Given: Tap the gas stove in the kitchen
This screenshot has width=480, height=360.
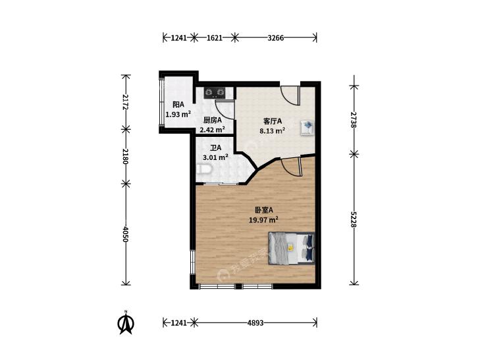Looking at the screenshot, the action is click(214, 92).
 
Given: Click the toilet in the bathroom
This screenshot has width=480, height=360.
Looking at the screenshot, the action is click(203, 169).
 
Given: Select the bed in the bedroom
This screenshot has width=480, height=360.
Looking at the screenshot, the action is click(292, 248).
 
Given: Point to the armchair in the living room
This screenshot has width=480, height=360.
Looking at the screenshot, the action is click(307, 127).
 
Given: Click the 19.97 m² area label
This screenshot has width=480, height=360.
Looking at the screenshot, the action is click(263, 220).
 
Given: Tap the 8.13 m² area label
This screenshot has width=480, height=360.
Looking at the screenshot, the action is click(273, 131).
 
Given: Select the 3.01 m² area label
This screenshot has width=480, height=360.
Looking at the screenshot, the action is click(215, 157).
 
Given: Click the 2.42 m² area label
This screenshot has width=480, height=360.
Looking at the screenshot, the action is click(213, 130).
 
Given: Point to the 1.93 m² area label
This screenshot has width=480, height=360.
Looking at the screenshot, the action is click(178, 115).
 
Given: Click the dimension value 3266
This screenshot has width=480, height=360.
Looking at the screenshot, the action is click(276, 38).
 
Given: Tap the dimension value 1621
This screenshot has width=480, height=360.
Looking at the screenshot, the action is click(214, 38).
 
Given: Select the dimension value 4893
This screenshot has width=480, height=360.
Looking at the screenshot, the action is click(255, 322).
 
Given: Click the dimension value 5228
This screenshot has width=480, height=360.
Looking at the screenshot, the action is click(354, 219).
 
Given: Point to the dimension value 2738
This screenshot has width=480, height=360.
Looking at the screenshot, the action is click(354, 120).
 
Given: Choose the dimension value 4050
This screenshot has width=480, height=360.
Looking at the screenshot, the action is click(126, 234).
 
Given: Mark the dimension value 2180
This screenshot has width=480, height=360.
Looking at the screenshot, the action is click(126, 156).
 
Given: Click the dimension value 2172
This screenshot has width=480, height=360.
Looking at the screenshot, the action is click(126, 102).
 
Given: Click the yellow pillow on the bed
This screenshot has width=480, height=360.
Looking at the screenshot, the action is click(290, 247).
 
